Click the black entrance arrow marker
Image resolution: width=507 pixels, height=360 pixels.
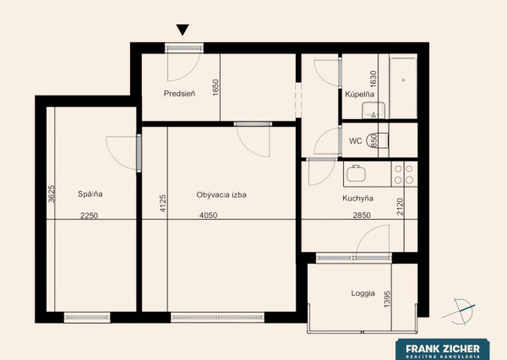tap(183, 29)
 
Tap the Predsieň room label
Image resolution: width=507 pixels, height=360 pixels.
tap(179, 94)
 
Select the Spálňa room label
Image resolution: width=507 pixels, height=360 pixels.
tap(90, 194)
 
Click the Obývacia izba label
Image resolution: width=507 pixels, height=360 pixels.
tap(221, 195)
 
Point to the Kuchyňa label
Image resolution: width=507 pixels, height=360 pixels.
tap(357, 198)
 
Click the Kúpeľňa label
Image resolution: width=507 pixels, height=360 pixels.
tap(360, 94)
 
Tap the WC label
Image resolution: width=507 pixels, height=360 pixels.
tap(356, 141)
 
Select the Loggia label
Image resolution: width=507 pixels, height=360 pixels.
tap(363, 293)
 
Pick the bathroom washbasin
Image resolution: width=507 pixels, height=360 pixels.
tap(373, 110)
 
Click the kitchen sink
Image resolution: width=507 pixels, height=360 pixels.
tap(356, 174)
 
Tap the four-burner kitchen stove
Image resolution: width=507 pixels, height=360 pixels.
tap(404, 174)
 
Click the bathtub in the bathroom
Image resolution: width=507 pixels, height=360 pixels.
tap(403, 86)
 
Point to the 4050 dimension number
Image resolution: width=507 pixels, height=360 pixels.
tap(208, 215)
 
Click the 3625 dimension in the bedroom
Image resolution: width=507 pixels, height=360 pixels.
tap(51, 194)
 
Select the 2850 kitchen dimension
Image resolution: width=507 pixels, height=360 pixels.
tap(362, 215)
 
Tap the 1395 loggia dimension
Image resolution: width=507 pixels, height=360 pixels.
tap(387, 299)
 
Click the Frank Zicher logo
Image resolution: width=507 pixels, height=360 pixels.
tap(443, 349)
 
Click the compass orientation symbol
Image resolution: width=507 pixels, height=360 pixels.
tap(460, 311)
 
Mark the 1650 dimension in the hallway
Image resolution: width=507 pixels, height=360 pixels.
tap(215, 87)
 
